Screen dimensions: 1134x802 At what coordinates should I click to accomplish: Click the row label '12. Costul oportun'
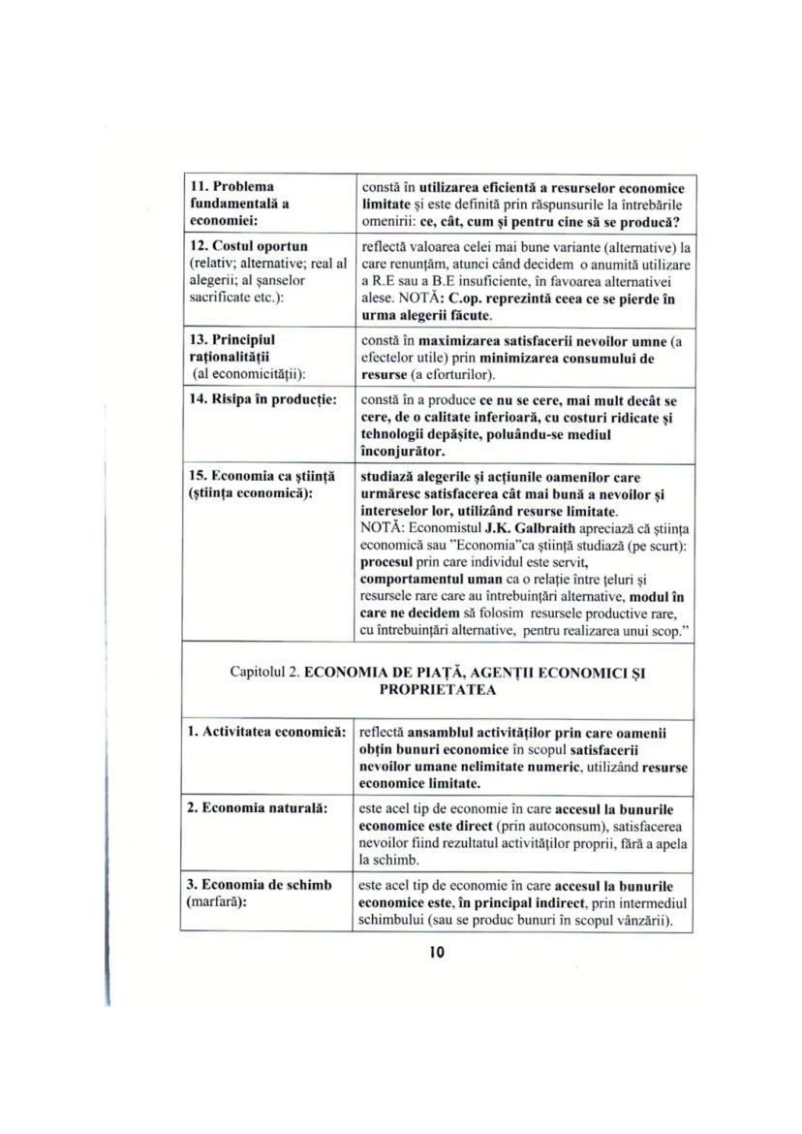point(236,247)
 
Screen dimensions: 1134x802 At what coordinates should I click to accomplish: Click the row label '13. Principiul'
point(231,341)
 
